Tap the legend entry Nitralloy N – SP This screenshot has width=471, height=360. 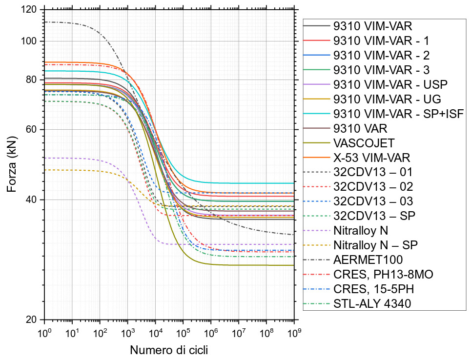(x=375, y=244)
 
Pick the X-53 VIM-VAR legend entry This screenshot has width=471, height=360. (x=372, y=158)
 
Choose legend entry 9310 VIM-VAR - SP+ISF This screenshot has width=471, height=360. (x=398, y=114)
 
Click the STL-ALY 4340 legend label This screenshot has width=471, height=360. (x=372, y=303)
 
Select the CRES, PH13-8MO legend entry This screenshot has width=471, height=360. (x=383, y=274)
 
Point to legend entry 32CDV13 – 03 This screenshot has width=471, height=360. (x=373, y=201)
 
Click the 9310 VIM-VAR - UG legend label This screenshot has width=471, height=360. (x=387, y=100)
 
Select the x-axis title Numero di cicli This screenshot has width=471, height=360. (x=169, y=350)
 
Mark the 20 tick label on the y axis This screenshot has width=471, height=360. (x=33, y=320)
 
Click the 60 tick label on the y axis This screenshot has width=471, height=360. (x=33, y=130)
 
